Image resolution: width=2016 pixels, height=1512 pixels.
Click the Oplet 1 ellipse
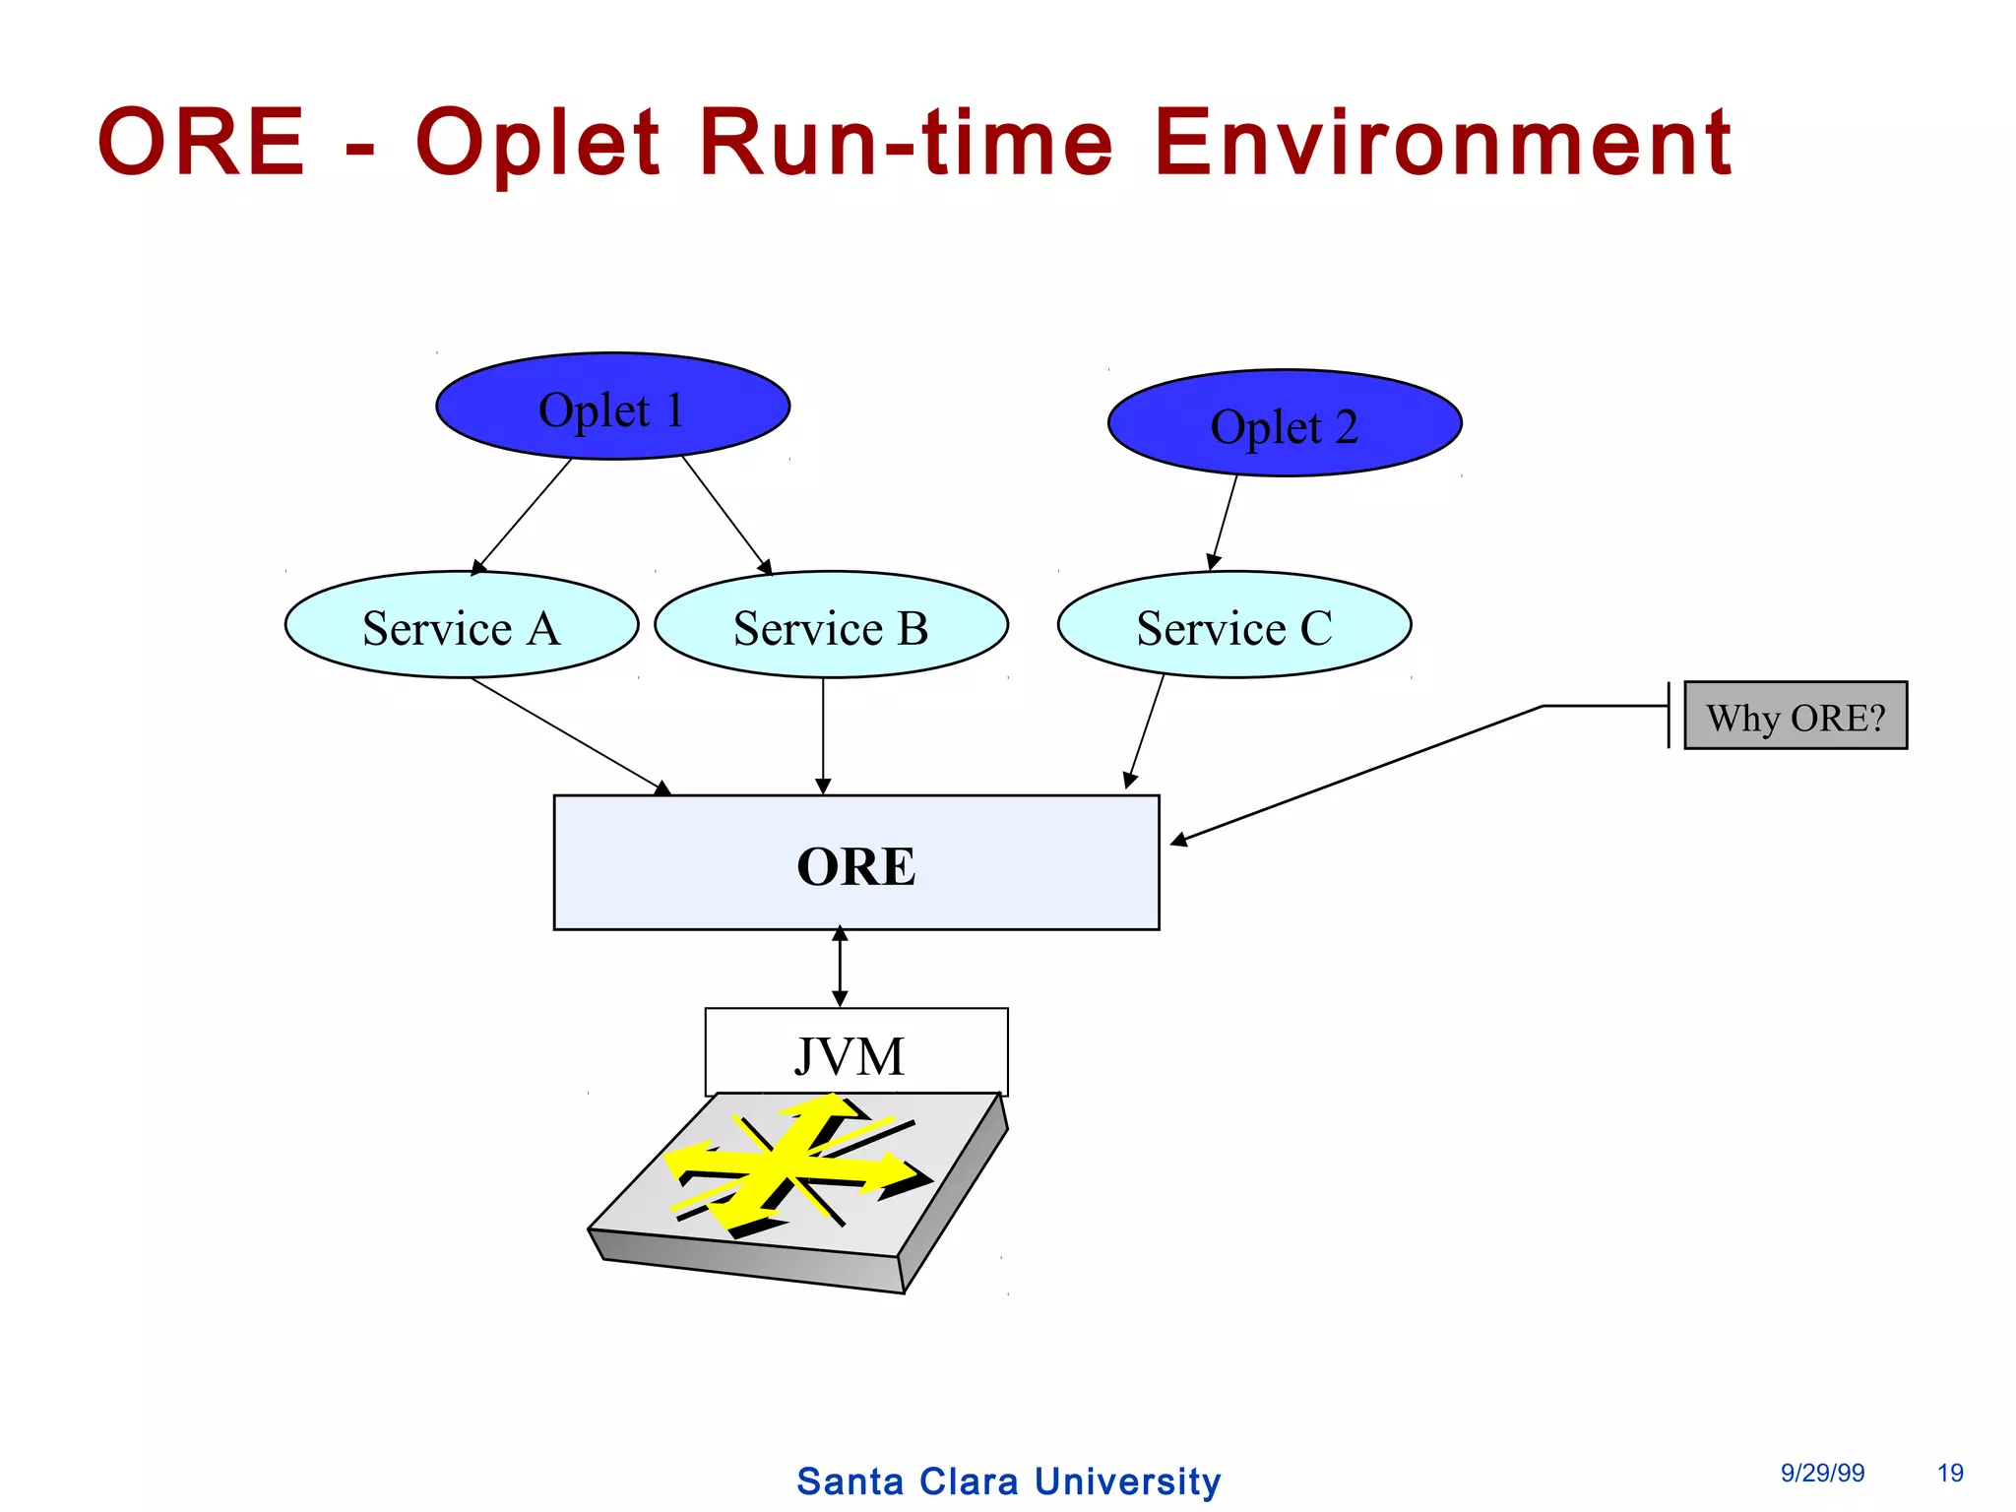point(612,407)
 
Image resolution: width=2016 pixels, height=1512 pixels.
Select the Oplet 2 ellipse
point(1285,424)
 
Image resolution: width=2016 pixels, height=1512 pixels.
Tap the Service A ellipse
point(461,625)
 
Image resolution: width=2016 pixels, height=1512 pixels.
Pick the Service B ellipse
point(831,625)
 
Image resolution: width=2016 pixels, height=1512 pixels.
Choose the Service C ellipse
point(1234,625)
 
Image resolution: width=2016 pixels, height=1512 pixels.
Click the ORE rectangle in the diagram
point(856,863)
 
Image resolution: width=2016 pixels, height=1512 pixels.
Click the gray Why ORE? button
point(1795,716)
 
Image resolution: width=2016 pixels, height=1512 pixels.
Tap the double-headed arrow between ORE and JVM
point(840,967)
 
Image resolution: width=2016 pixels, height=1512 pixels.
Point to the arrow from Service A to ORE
point(570,735)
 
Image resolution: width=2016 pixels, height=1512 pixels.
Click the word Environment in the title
point(1441,143)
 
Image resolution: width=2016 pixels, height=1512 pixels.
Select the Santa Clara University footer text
point(1008,1481)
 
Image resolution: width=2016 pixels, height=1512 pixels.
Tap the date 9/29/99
point(1822,1473)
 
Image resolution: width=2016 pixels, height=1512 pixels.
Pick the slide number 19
point(1950,1473)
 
